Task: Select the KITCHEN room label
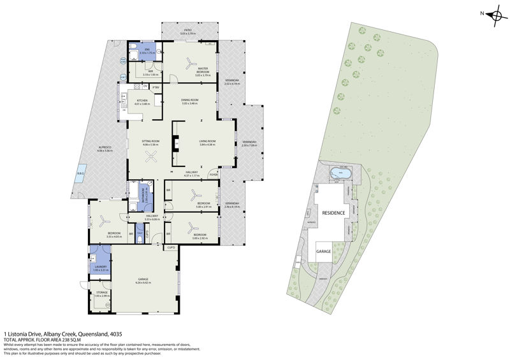(x=142, y=101)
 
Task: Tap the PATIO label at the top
(x=188, y=29)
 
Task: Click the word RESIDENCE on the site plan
(x=333, y=213)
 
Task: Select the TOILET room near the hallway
(x=140, y=236)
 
